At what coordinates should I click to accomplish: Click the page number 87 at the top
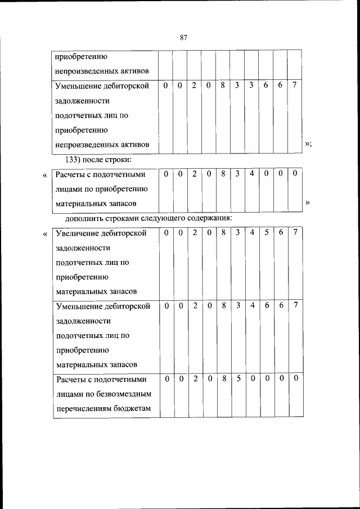click(183, 38)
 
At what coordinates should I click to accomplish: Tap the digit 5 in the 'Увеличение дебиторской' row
click(266, 232)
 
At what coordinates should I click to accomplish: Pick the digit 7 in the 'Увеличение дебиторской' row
click(295, 232)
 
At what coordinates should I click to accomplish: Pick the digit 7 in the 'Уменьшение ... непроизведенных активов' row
click(295, 85)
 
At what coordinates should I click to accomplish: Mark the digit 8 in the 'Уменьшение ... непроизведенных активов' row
click(223, 85)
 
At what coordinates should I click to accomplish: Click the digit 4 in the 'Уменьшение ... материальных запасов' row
click(252, 305)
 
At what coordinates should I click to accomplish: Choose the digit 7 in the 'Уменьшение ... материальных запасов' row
click(295, 305)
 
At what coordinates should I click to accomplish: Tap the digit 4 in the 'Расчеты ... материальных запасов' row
click(252, 174)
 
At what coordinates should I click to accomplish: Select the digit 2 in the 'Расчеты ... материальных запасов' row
click(193, 174)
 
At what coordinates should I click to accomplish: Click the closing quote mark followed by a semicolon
click(308, 145)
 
